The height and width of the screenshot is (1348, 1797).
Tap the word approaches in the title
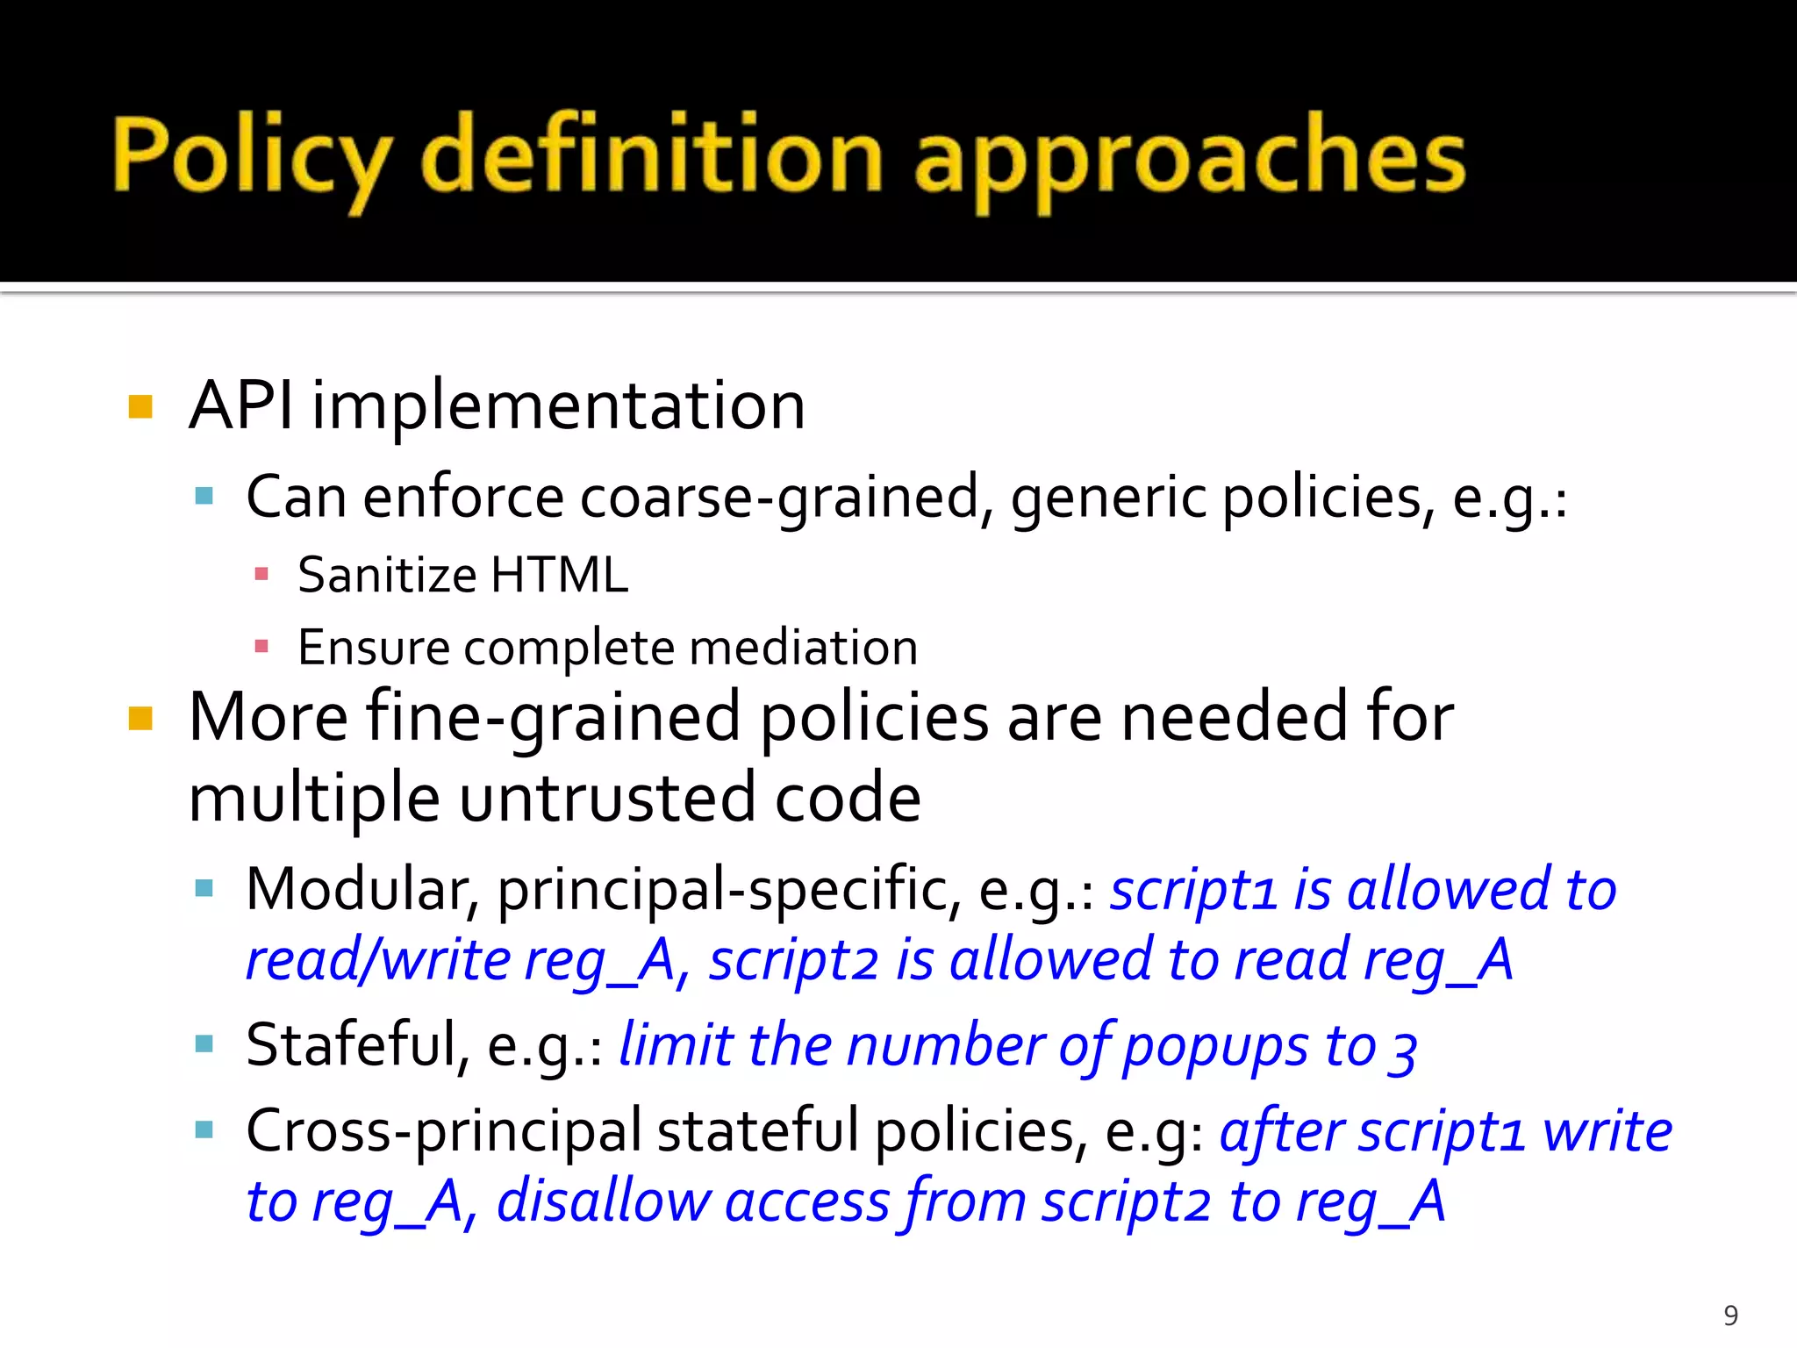tap(1189, 158)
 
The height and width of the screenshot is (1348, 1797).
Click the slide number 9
tap(1730, 1316)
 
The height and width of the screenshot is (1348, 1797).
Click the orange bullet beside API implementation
tap(140, 407)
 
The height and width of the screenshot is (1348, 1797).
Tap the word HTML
tap(559, 576)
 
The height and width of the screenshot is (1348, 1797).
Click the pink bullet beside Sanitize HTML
tap(261, 575)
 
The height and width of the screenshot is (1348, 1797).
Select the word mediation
tap(803, 648)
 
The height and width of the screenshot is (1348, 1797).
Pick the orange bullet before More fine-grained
tap(140, 719)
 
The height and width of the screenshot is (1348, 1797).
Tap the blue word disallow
tap(604, 1201)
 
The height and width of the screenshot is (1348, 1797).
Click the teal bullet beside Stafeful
tap(204, 1044)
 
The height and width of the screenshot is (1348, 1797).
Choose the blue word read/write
tap(377, 960)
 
